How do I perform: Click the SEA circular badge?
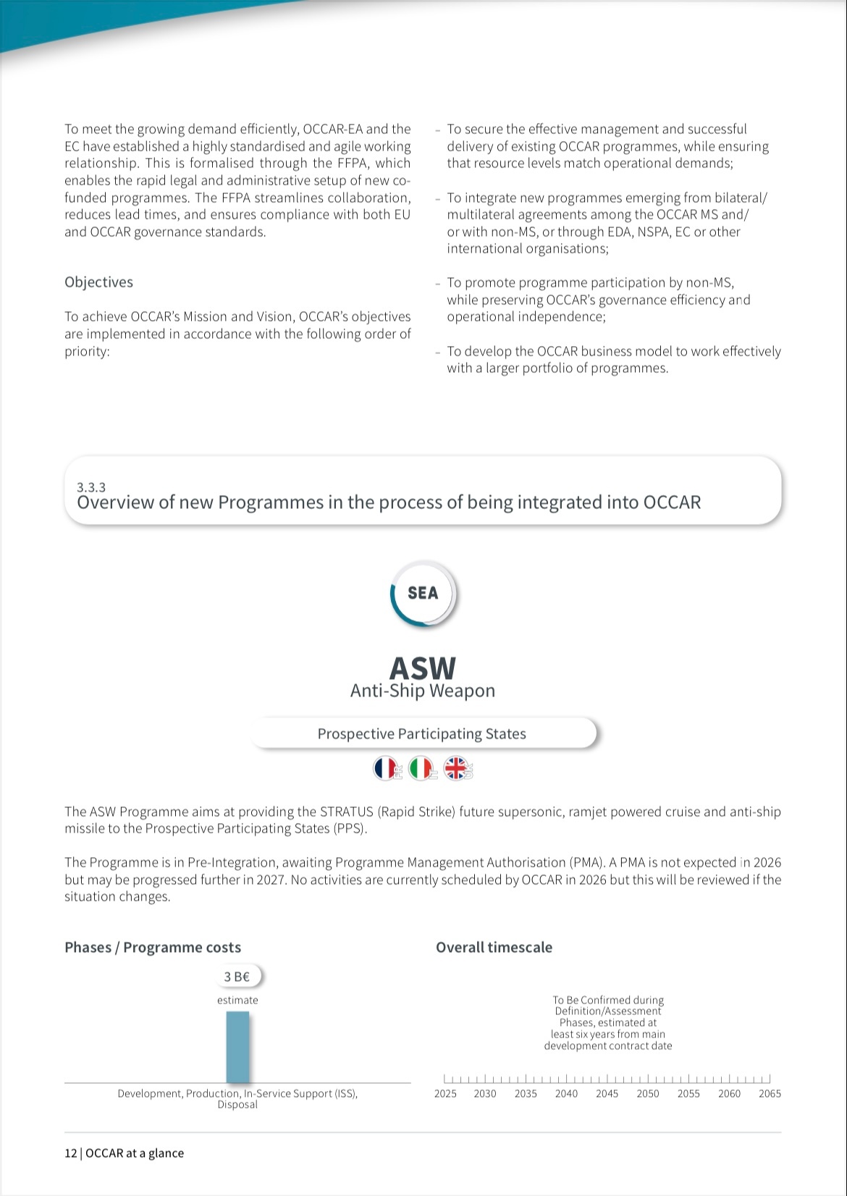(x=423, y=594)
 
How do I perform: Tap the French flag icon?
(x=385, y=768)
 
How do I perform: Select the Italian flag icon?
(x=421, y=768)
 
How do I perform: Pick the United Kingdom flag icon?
(x=456, y=768)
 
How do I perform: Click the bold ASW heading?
(x=423, y=668)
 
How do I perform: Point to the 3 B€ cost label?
(x=237, y=977)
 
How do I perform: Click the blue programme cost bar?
(x=237, y=1047)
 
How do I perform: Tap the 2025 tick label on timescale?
(x=445, y=1094)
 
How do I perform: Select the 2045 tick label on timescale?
(x=607, y=1094)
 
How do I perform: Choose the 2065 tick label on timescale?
(x=770, y=1094)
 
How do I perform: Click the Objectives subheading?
(x=98, y=282)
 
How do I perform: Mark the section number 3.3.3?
(x=91, y=488)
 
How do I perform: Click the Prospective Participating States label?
(x=422, y=734)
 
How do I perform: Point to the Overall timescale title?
(x=494, y=948)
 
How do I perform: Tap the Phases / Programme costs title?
(x=153, y=948)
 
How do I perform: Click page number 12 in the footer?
(x=70, y=1153)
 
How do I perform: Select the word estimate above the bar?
(x=237, y=1001)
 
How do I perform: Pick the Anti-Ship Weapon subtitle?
(x=423, y=691)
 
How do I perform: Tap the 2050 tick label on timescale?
(x=648, y=1094)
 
